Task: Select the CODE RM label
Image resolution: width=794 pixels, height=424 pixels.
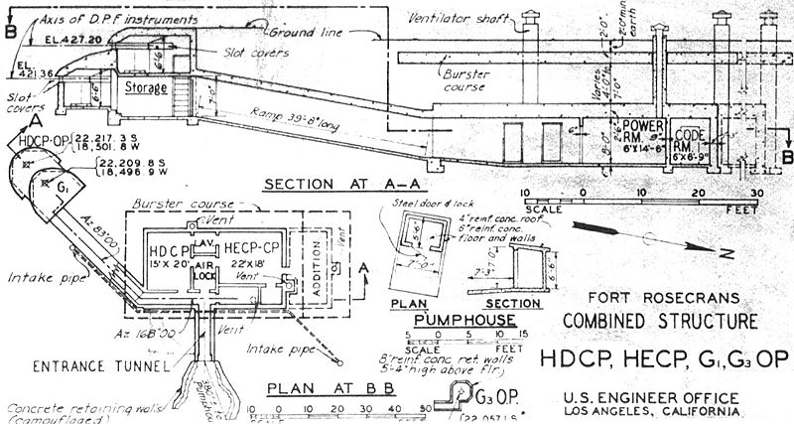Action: pyautogui.click(x=690, y=136)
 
